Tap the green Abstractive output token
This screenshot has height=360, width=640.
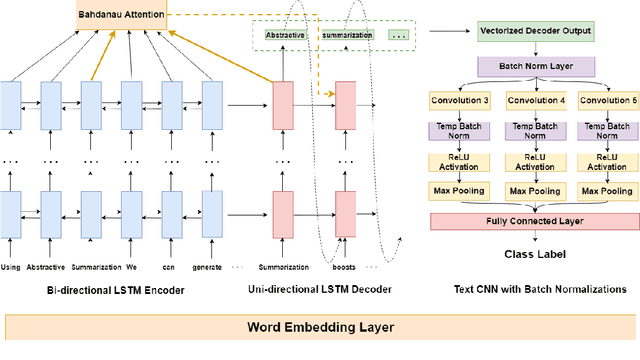tap(285, 35)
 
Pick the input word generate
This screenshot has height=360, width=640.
tap(212, 267)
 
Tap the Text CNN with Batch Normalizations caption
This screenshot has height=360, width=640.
tap(533, 289)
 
